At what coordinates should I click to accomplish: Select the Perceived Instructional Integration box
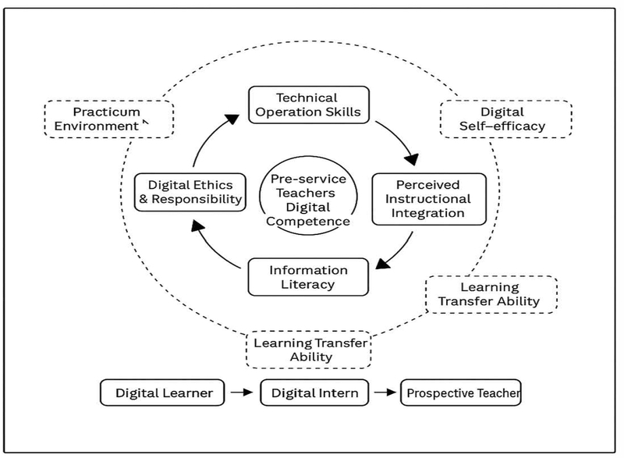pos(428,199)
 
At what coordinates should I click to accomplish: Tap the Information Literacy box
pos(308,277)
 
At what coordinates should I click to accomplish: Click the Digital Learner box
pos(163,392)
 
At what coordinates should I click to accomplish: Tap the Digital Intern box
pos(315,392)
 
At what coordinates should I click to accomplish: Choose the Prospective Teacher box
pos(460,392)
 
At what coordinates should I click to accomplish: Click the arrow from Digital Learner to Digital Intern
pos(243,392)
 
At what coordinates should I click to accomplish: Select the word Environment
pos(100,125)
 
